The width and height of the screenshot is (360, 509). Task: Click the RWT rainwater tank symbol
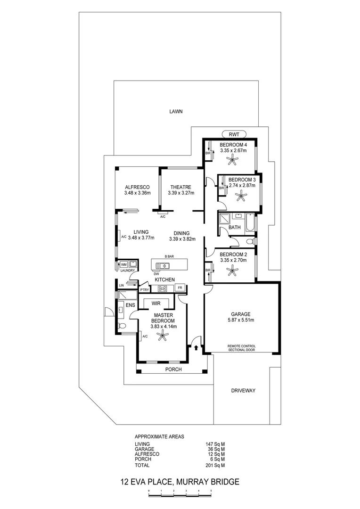click(234, 134)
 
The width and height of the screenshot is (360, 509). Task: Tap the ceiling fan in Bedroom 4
click(233, 160)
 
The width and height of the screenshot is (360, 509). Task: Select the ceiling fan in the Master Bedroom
click(162, 336)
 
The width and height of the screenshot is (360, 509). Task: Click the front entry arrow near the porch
click(196, 348)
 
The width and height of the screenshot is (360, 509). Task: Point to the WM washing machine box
click(123, 264)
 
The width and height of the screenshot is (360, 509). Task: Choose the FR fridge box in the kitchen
click(180, 288)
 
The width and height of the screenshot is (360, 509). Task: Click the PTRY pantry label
click(144, 290)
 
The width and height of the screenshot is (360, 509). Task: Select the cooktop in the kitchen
click(162, 288)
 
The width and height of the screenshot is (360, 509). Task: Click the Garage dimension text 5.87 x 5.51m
click(241, 320)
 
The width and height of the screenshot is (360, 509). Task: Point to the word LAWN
click(176, 111)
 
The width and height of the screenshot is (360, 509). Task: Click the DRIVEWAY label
click(243, 391)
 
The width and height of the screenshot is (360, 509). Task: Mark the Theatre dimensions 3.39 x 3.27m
click(181, 193)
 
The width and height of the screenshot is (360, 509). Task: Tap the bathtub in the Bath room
click(250, 222)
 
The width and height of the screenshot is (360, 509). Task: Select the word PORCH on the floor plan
click(173, 369)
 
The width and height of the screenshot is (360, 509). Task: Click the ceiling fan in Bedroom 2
click(232, 271)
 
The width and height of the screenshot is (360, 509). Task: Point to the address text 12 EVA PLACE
click(146, 482)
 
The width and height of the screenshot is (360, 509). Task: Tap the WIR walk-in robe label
click(156, 304)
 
